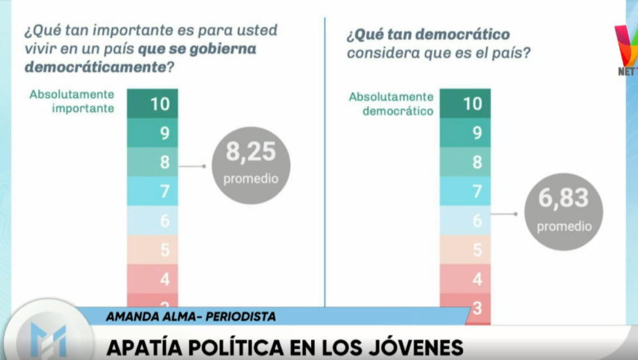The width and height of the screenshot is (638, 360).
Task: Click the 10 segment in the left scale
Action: point(152,103)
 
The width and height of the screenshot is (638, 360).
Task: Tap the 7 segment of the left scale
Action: point(152,190)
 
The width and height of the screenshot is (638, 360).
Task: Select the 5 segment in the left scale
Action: point(152,249)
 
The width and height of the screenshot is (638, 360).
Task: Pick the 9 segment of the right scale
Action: point(465,133)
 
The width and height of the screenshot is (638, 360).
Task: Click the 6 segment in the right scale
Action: point(465,220)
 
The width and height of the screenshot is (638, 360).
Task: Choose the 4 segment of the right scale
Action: point(465,279)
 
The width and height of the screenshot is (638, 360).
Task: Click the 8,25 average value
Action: point(251,152)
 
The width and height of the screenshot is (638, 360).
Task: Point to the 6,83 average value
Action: point(563,198)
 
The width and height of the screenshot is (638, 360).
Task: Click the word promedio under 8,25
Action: point(251,179)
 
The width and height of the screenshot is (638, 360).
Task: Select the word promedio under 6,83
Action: point(565,226)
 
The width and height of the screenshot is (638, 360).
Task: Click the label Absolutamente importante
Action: point(72,101)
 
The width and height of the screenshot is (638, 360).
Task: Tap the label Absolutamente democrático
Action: point(392,103)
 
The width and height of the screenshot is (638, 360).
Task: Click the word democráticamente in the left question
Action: point(96,67)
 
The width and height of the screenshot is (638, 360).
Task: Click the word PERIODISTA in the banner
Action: point(240,317)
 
